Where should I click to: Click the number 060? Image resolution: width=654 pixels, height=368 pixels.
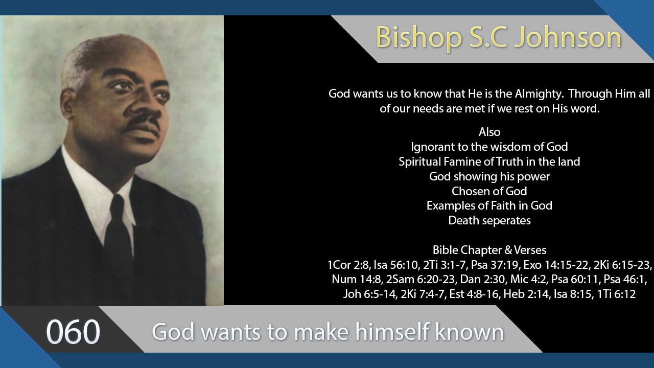(x=73, y=332)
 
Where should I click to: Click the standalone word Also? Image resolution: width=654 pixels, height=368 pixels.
(x=489, y=132)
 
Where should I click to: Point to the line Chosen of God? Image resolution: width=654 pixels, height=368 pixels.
(x=489, y=191)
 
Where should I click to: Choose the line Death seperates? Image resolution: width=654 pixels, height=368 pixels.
(x=489, y=220)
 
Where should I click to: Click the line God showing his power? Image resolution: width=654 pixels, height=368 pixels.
(x=489, y=176)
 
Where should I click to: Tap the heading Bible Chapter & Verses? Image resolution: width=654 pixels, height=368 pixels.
(x=489, y=250)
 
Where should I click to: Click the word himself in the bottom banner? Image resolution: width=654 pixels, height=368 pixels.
(x=393, y=332)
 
